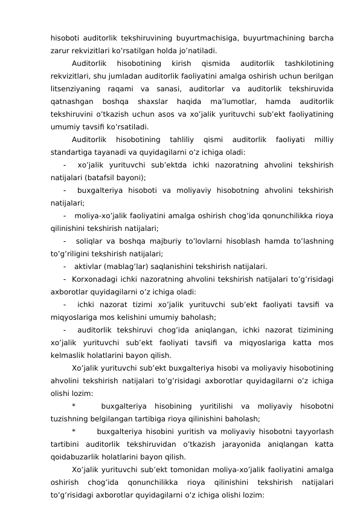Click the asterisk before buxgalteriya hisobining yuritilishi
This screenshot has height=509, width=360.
tap(74, 406)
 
